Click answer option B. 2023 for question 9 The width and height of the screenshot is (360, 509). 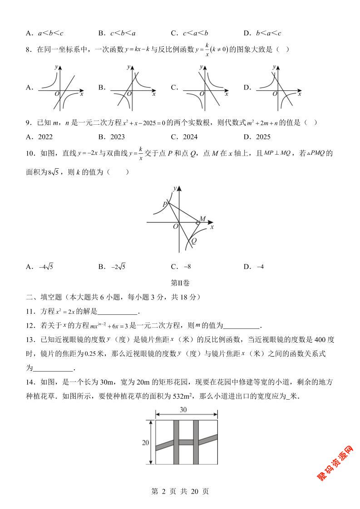click(112, 137)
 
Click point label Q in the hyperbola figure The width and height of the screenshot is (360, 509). click(194, 241)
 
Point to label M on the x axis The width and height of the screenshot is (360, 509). click(202, 219)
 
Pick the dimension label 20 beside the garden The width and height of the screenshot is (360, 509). click(145, 443)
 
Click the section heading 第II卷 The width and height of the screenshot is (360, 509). click(180, 283)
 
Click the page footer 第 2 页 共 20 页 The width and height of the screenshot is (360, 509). click(180, 492)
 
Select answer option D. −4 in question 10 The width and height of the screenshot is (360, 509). click(254, 267)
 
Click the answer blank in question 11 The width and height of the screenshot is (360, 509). click(117, 312)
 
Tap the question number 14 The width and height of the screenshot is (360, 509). click(30, 382)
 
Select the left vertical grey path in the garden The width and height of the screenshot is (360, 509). click(176, 442)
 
